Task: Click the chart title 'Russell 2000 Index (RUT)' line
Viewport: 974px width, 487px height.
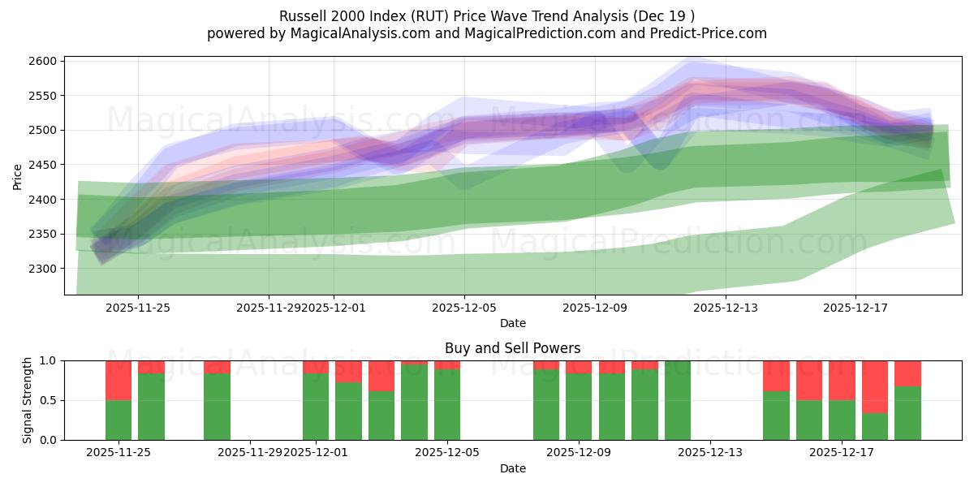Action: click(x=487, y=16)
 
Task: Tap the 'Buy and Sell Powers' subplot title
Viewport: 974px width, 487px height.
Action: click(x=512, y=348)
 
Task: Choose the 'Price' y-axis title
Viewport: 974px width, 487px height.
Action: click(x=18, y=175)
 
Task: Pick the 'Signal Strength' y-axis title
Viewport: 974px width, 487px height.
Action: click(x=28, y=400)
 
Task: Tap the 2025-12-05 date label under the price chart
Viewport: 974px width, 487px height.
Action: click(x=464, y=308)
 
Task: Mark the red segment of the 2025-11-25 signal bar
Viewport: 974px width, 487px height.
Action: click(x=119, y=380)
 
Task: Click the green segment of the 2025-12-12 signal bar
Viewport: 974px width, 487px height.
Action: click(x=678, y=400)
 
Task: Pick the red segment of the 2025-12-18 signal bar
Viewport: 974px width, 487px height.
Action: click(x=875, y=386)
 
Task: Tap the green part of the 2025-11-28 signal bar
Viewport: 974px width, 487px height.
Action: click(x=217, y=406)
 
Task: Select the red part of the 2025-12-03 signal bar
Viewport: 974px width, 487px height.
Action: click(x=381, y=376)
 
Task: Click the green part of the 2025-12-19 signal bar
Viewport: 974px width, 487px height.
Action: click(x=907, y=413)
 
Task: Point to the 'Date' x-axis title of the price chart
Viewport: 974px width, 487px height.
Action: click(x=512, y=323)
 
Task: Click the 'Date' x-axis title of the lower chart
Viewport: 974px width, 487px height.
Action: click(x=512, y=468)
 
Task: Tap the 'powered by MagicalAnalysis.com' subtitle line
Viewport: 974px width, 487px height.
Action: click(x=487, y=33)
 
